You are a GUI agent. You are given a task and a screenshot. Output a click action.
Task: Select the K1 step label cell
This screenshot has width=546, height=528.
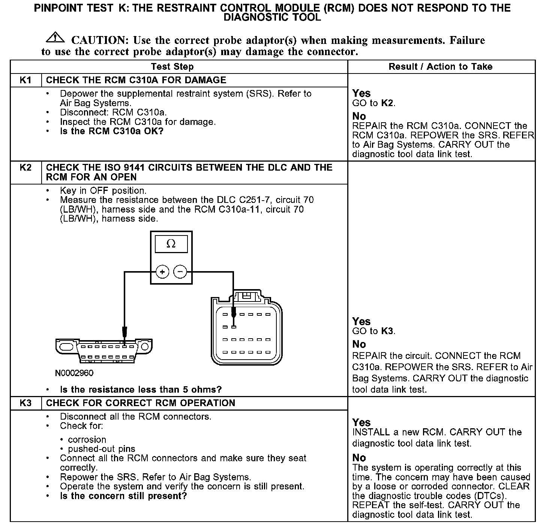[25, 80]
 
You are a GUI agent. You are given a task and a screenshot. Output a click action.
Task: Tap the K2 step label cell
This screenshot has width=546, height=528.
[25, 167]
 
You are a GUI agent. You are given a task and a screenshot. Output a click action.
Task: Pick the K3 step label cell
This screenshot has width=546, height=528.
[25, 403]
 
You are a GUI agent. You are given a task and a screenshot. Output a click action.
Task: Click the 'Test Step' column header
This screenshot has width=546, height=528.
[172, 67]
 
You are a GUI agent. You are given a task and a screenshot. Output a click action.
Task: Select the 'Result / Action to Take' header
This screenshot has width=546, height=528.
[441, 67]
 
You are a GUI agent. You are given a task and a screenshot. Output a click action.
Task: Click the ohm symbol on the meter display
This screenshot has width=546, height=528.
[171, 244]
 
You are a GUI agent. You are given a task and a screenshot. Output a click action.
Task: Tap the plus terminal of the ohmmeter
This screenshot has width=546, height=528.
[162, 271]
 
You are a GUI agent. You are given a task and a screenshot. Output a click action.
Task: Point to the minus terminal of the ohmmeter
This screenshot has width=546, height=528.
[180, 271]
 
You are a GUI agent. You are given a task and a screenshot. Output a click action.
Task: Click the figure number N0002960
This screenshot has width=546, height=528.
[74, 373]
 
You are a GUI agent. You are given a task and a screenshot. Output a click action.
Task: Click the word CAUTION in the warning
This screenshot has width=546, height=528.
[100, 40]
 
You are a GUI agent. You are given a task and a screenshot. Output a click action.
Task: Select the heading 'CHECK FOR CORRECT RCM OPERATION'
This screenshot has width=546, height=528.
[141, 403]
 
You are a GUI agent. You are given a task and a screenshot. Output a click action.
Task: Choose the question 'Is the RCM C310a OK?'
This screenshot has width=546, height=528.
[112, 131]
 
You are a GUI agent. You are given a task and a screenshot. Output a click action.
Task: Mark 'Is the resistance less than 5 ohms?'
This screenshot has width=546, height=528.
[141, 390]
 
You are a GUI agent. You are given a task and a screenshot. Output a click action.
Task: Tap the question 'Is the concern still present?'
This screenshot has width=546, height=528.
[123, 496]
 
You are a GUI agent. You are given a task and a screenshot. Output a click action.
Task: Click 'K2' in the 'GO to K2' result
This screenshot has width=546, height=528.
[387, 103]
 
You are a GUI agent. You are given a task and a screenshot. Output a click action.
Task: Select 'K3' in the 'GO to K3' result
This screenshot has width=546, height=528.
[388, 331]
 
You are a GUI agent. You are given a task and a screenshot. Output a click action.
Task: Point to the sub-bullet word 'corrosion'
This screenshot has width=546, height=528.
[87, 439]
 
